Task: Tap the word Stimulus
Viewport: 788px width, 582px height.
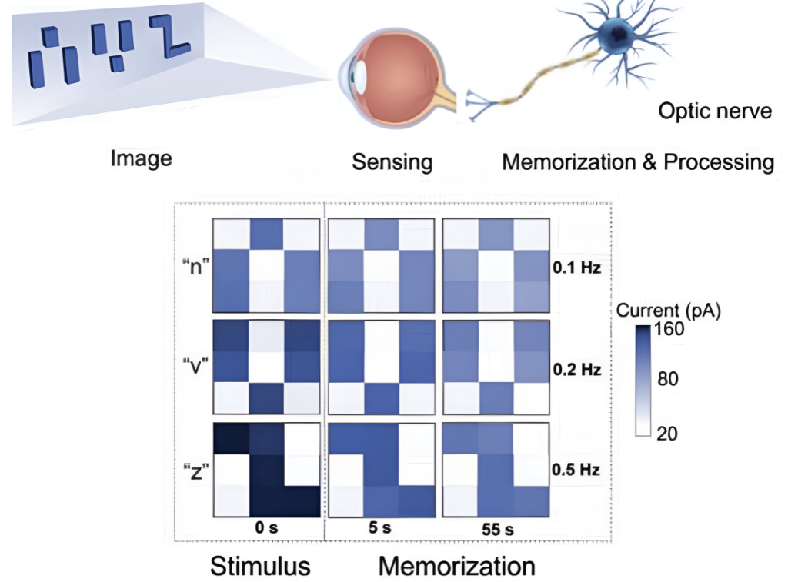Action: pos(261,567)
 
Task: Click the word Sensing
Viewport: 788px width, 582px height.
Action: pos(392,162)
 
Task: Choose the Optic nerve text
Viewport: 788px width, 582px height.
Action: pos(715,111)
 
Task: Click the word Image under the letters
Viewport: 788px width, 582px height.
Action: pos(141,159)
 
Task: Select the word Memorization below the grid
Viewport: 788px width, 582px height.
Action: pos(456,567)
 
